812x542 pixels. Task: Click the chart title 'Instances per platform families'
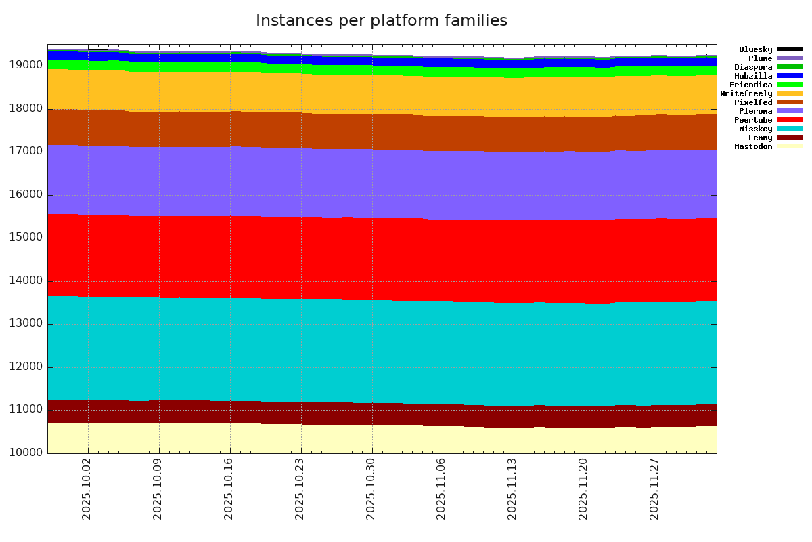tap(381, 21)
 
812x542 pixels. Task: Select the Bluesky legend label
tap(755, 49)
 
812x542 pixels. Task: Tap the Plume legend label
tap(760, 58)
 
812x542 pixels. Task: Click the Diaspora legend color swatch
tap(790, 67)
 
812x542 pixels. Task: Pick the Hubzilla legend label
tap(753, 76)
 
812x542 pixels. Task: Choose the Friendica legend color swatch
tap(790, 85)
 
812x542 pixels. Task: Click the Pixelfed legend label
tap(753, 102)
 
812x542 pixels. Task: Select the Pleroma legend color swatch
tap(790, 111)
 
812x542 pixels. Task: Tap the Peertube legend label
tap(753, 120)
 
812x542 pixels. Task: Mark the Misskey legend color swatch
tap(790, 129)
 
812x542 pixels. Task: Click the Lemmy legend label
tap(760, 138)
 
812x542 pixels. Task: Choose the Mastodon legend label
tap(753, 146)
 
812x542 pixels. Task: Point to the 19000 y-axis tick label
tap(26, 65)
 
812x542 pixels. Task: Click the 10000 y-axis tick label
tap(26, 453)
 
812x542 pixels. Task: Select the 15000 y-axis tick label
tap(26, 238)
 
